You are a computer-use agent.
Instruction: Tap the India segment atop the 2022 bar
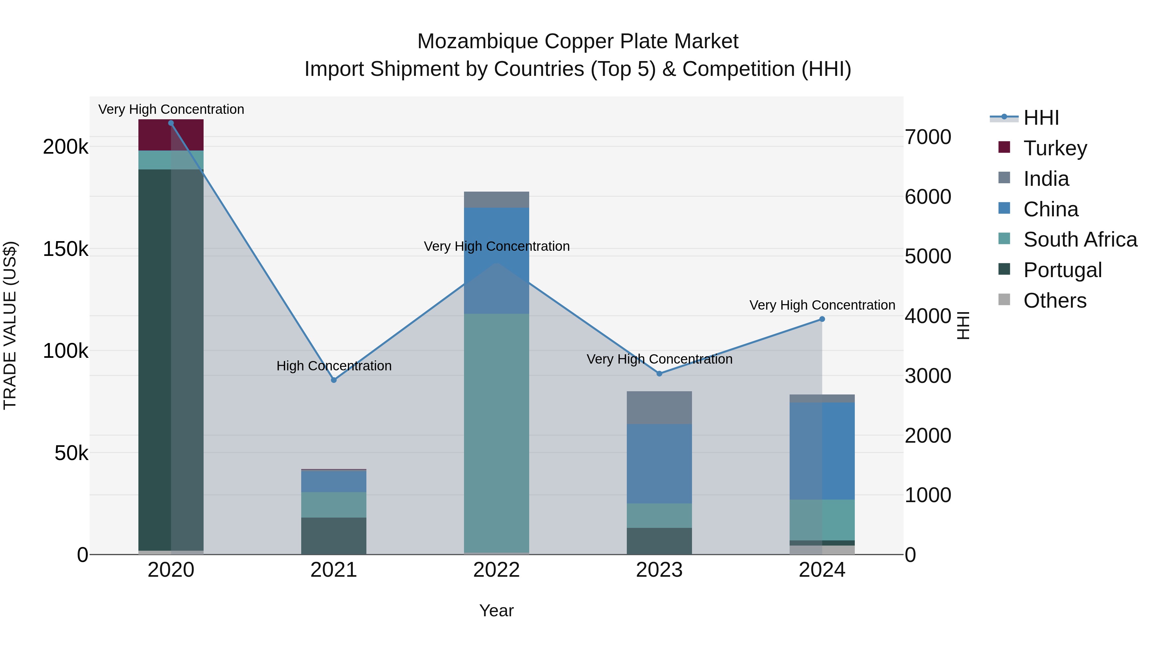click(496, 199)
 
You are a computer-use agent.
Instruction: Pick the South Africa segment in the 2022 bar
click(496, 431)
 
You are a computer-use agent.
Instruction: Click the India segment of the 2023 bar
click(659, 408)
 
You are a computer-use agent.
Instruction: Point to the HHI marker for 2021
click(334, 380)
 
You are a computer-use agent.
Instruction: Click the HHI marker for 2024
click(822, 319)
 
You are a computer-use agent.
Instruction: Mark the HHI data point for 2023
click(659, 373)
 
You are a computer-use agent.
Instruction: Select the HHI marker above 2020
click(171, 123)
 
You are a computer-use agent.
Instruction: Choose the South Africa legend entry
click(1080, 240)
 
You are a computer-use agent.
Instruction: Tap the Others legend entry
click(1055, 301)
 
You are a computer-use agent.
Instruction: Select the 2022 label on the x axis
click(496, 570)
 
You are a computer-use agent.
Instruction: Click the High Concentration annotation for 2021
click(334, 366)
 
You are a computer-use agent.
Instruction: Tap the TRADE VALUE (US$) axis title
click(10, 325)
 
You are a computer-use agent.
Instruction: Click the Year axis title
click(496, 610)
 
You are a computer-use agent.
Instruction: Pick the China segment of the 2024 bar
click(822, 451)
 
